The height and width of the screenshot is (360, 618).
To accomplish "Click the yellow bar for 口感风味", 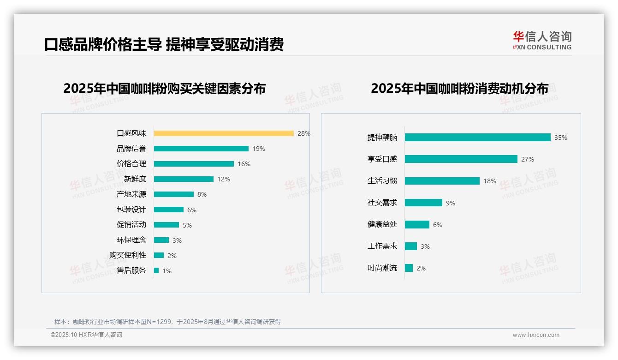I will (224, 133).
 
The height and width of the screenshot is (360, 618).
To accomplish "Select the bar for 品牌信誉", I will (201, 149).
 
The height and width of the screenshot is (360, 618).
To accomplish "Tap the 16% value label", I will (244, 164).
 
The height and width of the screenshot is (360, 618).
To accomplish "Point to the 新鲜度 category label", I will (135, 179).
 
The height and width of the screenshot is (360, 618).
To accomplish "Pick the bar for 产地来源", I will (174, 194).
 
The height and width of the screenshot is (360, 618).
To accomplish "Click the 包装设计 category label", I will (131, 210).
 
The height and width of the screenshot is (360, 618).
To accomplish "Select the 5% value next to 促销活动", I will (187, 225).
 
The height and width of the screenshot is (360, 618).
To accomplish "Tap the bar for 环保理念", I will (161, 240).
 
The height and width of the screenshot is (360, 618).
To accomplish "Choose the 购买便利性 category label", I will (128, 255).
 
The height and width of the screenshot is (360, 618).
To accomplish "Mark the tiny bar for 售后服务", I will (156, 270).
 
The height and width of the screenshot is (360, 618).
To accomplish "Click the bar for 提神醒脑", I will (477, 138).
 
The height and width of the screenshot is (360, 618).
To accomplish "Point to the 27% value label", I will (528, 159).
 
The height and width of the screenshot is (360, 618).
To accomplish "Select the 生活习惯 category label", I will (382, 181).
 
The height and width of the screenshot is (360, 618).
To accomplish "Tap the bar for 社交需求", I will (423, 203).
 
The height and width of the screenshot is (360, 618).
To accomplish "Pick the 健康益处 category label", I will (382, 224).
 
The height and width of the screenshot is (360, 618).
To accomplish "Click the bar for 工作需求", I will (411, 246).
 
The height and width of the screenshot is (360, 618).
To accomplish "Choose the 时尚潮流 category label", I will (382, 268).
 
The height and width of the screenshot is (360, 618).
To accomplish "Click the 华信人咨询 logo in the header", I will (542, 40).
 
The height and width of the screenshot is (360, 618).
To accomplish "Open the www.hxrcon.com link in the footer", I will (536, 335).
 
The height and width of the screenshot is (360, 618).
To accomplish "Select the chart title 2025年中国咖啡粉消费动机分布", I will (459, 88).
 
